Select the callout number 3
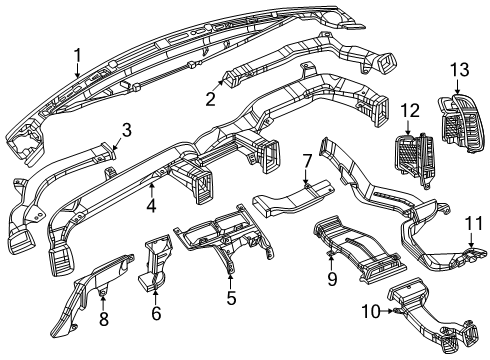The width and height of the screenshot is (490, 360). tap(126, 128)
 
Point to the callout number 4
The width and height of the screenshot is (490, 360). tap(150, 207)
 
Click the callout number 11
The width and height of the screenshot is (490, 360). tap(477, 249)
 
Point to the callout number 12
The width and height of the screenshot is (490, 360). tap(408, 108)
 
